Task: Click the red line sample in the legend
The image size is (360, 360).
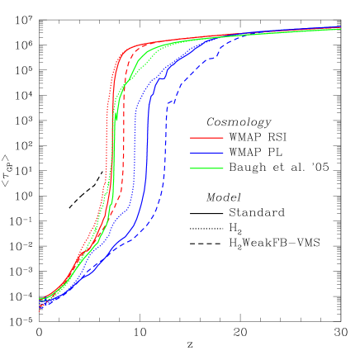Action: point(206,138)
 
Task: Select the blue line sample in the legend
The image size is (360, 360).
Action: point(206,153)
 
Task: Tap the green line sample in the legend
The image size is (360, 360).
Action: point(206,168)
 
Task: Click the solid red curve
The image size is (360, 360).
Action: point(113,124)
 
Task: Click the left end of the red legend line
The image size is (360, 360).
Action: point(191,138)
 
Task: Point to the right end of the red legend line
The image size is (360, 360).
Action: point(223,138)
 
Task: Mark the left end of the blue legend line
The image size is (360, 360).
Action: point(191,153)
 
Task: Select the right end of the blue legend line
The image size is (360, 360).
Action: point(223,153)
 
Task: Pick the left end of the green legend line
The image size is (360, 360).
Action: point(191,168)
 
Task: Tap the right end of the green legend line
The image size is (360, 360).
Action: point(223,168)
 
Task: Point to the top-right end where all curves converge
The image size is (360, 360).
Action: point(340,28)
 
